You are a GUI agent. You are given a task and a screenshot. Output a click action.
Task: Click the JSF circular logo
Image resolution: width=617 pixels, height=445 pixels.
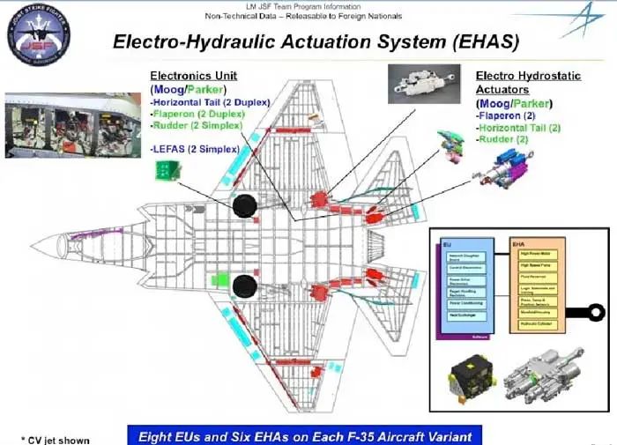pyautogui.click(x=36, y=34)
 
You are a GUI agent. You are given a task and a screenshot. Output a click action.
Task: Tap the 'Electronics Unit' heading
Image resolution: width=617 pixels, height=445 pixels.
pyautogui.click(x=193, y=76)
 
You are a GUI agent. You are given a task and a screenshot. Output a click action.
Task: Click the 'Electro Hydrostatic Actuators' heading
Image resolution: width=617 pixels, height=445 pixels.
pyautogui.click(x=528, y=83)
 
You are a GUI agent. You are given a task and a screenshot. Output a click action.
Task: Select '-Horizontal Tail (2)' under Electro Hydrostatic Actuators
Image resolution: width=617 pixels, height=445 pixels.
pyautogui.click(x=519, y=127)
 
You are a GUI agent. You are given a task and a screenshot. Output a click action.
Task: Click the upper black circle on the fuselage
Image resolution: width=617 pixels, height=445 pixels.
pyautogui.click(x=243, y=206)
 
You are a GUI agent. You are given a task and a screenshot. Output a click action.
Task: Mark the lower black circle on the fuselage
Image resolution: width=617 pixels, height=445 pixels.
pyautogui.click(x=243, y=285)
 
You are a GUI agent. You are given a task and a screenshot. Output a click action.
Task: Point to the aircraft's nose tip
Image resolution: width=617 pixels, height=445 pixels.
pyautogui.click(x=33, y=245)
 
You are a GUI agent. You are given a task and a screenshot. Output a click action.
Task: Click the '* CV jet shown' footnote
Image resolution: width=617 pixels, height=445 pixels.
pyautogui.click(x=55, y=438)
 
